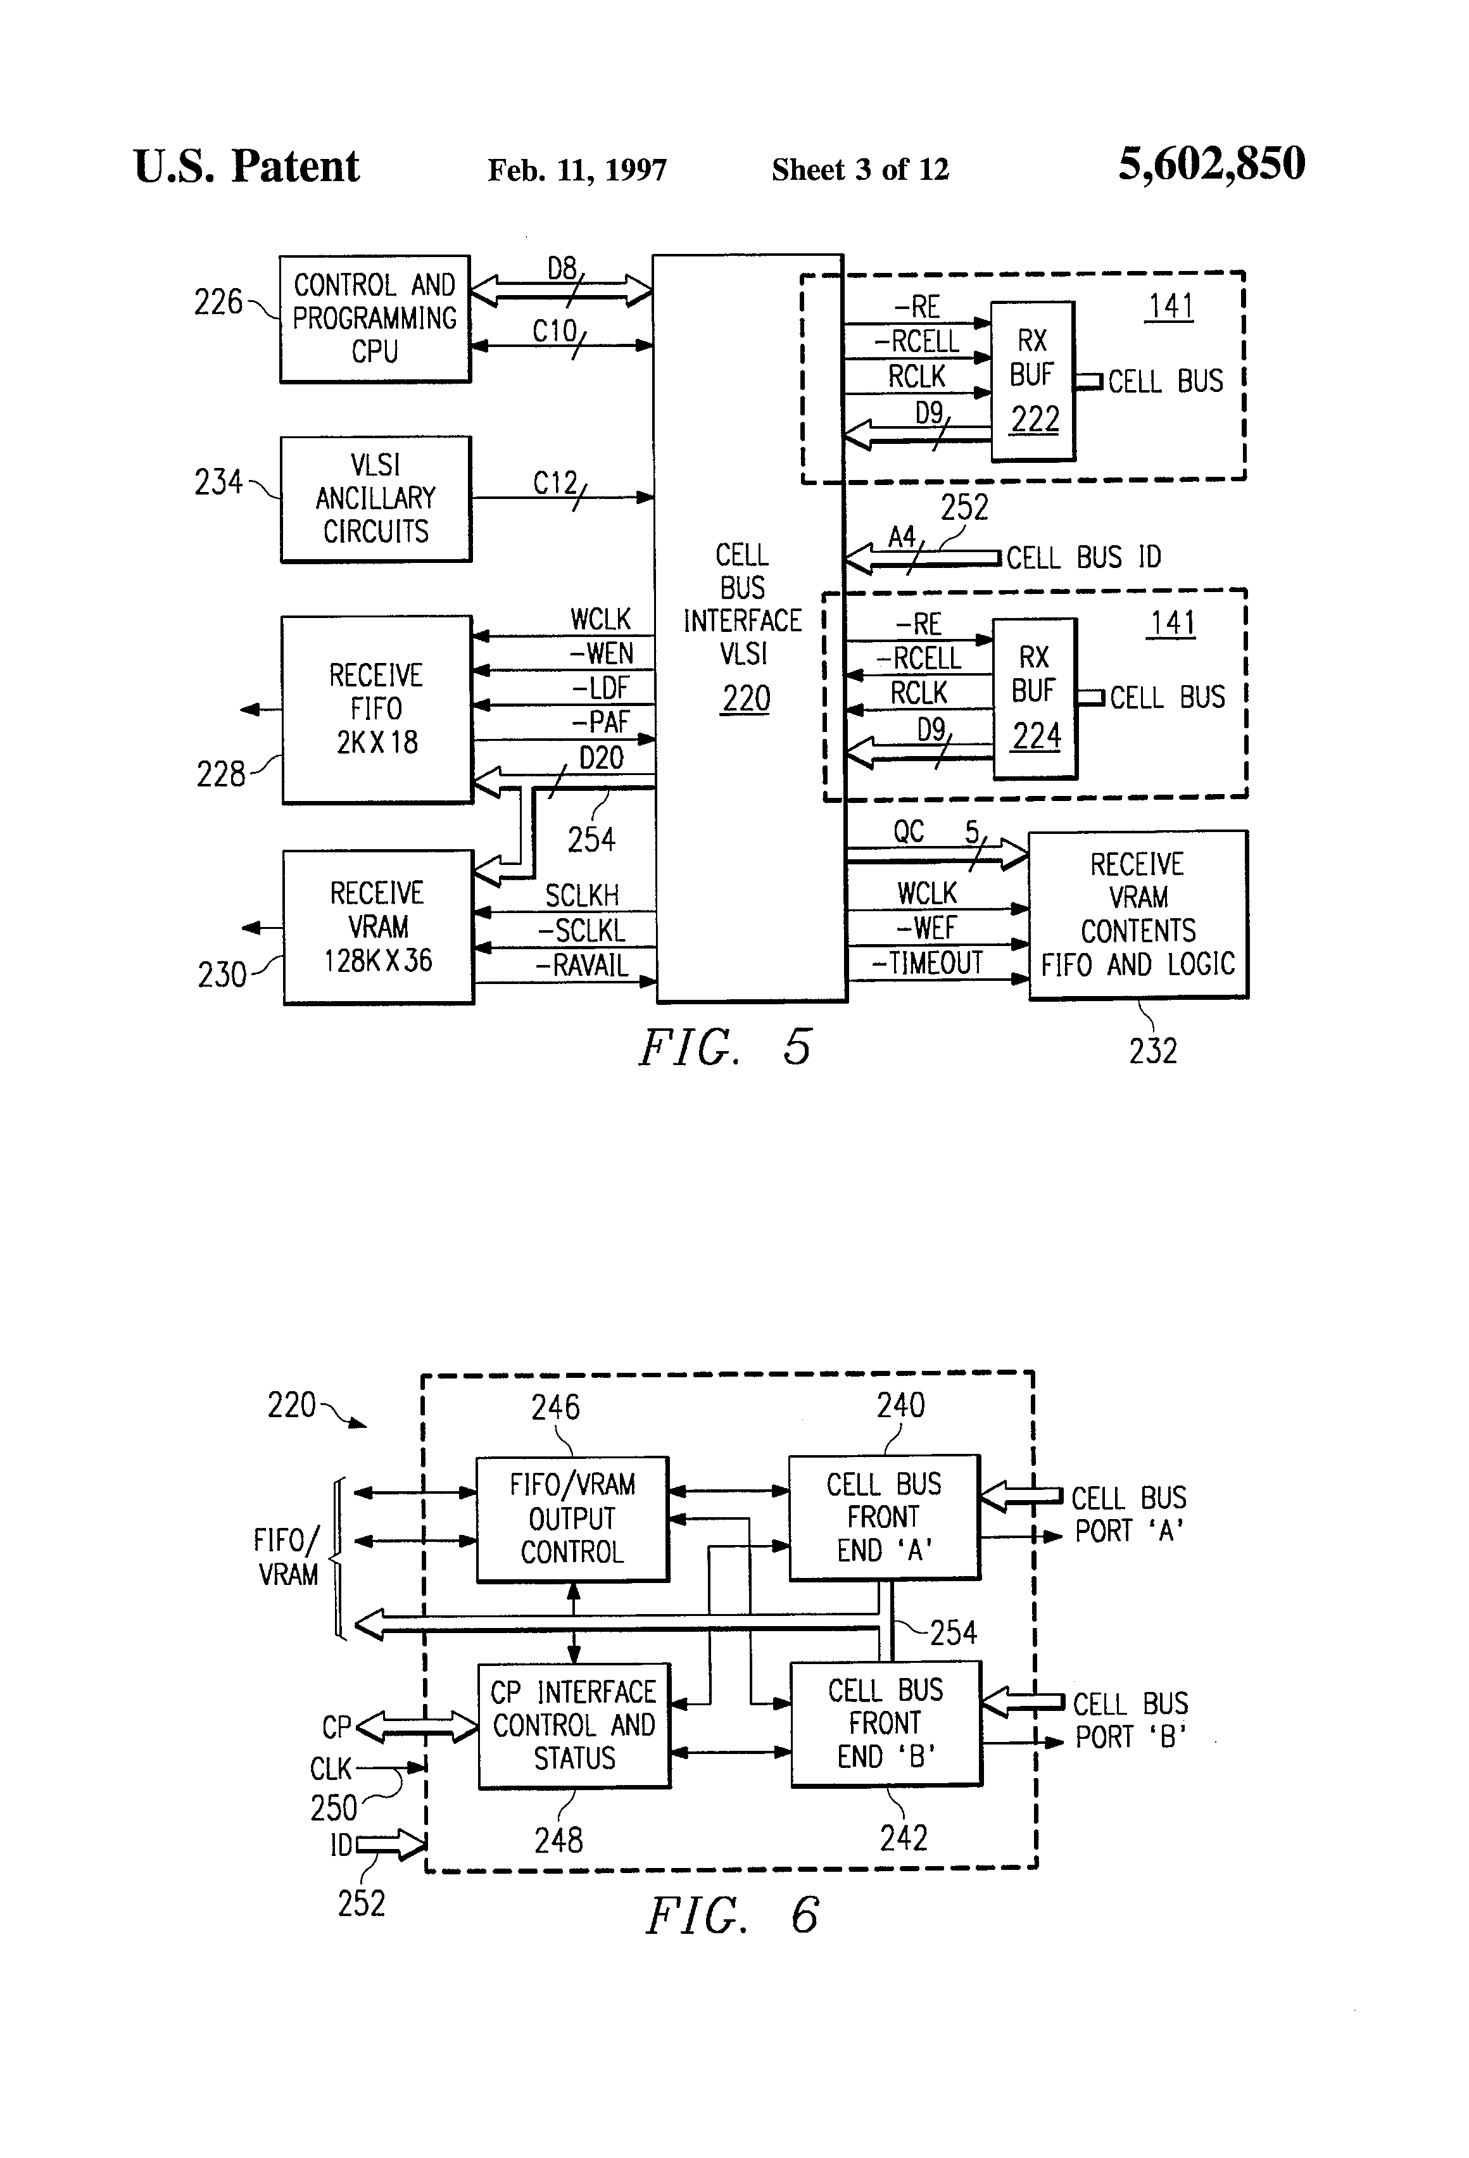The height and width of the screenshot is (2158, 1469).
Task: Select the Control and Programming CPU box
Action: click(375, 319)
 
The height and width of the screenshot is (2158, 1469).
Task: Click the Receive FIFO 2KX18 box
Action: click(377, 709)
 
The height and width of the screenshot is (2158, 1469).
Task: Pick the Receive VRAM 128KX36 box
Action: click(378, 927)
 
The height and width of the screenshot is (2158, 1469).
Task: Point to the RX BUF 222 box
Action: click(1033, 381)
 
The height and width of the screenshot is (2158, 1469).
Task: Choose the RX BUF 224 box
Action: click(1035, 697)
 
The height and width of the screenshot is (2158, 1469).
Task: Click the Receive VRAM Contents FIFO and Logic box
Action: click(1137, 914)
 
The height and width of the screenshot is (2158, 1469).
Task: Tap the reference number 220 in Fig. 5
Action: click(747, 698)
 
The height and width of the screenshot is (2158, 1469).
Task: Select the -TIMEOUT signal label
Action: click(927, 964)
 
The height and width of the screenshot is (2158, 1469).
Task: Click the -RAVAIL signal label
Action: click(582, 966)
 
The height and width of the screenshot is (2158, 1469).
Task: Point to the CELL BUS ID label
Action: click(1083, 558)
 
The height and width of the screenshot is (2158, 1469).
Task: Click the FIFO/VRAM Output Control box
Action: click(572, 1518)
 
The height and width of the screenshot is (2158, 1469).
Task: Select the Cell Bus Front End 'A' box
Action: click(884, 1517)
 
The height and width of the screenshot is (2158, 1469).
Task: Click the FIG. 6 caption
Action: click(732, 1915)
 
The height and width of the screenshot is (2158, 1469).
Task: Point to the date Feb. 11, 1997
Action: click(577, 170)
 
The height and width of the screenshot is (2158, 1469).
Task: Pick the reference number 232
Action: click(1152, 1051)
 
